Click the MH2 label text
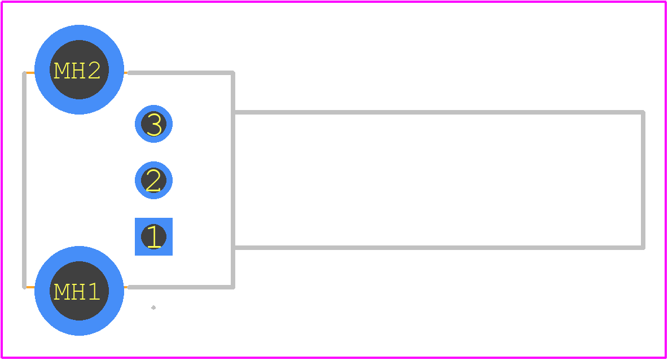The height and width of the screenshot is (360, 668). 77,71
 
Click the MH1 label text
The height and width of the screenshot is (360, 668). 77,291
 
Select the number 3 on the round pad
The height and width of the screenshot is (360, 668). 154,124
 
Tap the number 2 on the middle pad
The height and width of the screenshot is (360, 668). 153,180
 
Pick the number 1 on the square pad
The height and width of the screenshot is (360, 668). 154,236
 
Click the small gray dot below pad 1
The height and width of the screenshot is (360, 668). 153,307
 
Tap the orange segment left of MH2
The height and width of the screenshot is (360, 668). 30,73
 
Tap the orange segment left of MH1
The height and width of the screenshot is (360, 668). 30,287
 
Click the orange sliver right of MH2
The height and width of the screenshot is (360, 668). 126,73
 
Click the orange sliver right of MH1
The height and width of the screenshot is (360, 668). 126,287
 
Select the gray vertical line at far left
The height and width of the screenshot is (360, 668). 24,180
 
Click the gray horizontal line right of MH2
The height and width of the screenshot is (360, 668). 181,73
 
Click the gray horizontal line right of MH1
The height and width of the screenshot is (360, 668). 181,287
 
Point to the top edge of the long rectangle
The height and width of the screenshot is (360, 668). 439,112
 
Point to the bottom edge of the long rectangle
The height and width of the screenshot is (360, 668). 439,248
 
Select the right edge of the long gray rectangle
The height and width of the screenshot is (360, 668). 643,180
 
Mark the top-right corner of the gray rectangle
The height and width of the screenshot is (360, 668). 643,112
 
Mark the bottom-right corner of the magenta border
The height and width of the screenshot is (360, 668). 665,357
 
